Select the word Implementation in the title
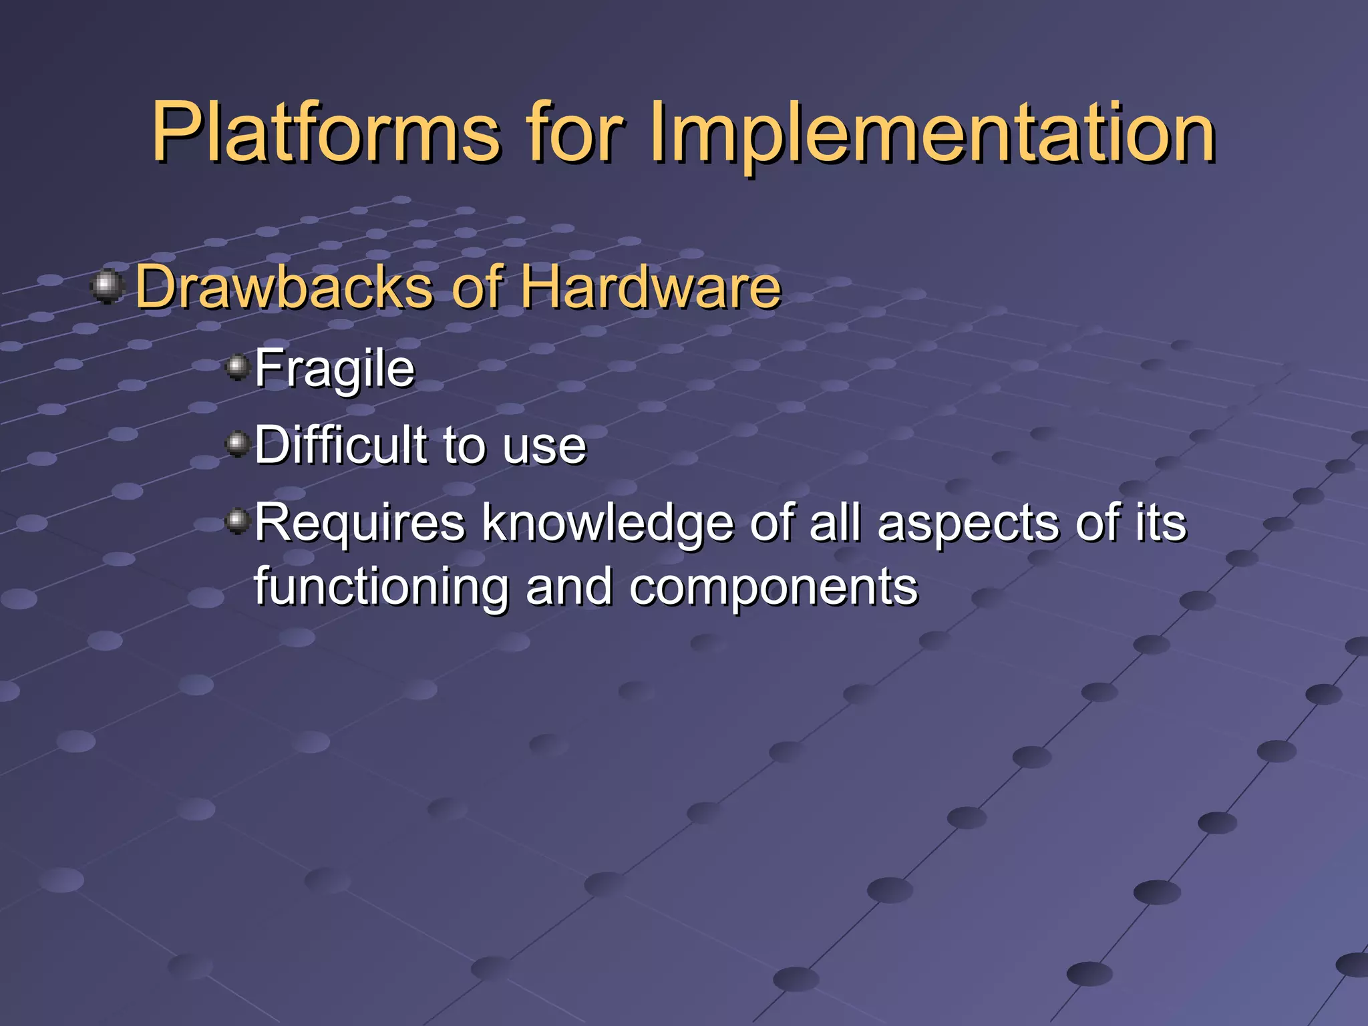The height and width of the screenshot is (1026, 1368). (x=932, y=134)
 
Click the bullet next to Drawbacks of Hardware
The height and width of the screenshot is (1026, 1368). (x=107, y=287)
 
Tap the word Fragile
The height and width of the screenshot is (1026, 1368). (x=335, y=369)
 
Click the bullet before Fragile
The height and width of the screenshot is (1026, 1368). (x=237, y=367)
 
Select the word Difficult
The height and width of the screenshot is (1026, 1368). (x=341, y=445)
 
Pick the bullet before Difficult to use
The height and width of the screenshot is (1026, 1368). (x=237, y=444)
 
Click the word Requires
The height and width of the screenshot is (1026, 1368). (x=359, y=523)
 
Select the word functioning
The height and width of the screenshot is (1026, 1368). (x=381, y=587)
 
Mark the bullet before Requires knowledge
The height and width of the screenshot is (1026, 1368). (x=237, y=520)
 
